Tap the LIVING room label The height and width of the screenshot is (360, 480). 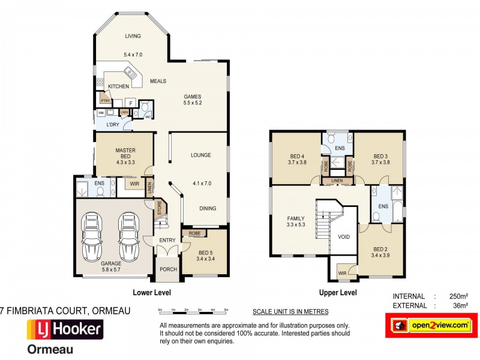pyautogui.click(x=133, y=36)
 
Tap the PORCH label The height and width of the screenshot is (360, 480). pyautogui.click(x=168, y=269)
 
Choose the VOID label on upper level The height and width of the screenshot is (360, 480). pyautogui.click(x=343, y=236)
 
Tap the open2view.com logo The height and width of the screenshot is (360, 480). pyautogui.click(x=431, y=325)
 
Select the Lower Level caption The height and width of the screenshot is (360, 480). pyautogui.click(x=152, y=293)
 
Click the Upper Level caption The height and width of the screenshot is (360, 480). pyautogui.click(x=337, y=293)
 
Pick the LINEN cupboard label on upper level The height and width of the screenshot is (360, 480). pyautogui.click(x=337, y=180)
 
